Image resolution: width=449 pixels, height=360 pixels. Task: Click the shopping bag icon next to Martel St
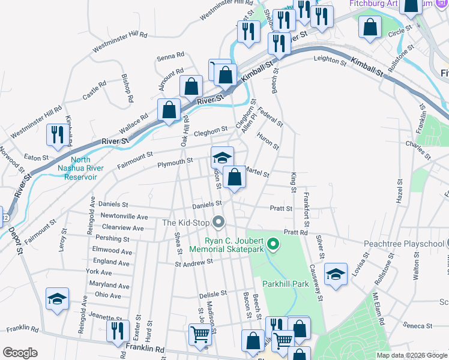[235, 177]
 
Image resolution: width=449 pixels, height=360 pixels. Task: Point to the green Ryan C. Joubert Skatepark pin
[273, 244]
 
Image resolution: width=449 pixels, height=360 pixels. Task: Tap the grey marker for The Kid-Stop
[219, 223]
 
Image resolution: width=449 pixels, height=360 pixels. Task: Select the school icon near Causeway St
[336, 274]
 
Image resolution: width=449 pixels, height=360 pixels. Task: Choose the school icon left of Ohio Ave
[58, 299]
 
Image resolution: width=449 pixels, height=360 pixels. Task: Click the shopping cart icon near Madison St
[200, 336]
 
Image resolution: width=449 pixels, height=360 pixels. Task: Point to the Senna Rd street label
[170, 56]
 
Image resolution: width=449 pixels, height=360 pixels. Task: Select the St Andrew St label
[194, 262]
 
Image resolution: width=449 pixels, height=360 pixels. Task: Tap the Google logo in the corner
[20, 353]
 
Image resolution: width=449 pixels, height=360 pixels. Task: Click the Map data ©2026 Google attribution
[411, 355]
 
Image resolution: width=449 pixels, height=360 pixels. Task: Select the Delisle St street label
[212, 294]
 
